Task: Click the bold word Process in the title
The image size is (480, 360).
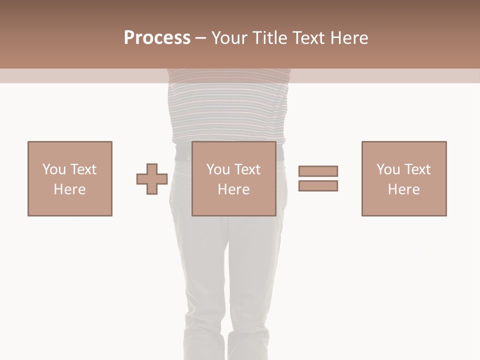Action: (x=157, y=38)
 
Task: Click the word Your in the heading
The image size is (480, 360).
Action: (x=229, y=38)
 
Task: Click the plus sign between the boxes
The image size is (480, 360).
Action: (x=152, y=179)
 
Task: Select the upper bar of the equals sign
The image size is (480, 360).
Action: (x=318, y=171)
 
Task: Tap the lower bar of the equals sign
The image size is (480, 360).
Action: (x=318, y=185)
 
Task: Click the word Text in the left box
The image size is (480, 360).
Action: (x=83, y=169)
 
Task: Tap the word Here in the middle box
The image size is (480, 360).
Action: (x=234, y=189)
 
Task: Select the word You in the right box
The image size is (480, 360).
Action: (x=388, y=169)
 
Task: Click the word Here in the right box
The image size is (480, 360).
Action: (x=404, y=189)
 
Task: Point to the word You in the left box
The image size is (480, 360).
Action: (x=54, y=169)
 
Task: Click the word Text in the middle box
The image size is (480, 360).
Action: (x=247, y=169)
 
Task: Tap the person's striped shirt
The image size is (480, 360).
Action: (x=229, y=110)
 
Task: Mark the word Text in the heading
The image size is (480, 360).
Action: (x=308, y=38)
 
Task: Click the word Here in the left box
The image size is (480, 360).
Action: (x=70, y=189)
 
